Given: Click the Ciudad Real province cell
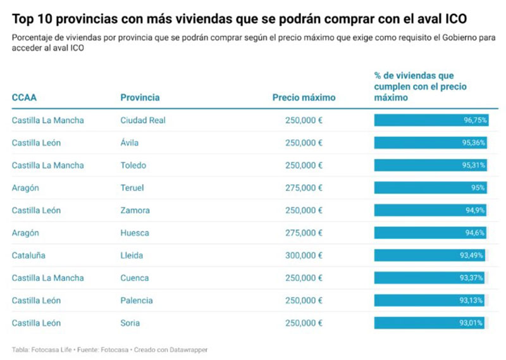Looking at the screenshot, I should [142, 120].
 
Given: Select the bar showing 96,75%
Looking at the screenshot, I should [430, 120].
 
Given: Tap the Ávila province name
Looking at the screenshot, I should [129, 143].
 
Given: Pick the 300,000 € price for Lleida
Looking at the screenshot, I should [304, 256].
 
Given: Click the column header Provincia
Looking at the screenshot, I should [140, 97].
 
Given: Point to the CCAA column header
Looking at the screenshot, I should [24, 97].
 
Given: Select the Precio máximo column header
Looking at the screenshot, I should [304, 97].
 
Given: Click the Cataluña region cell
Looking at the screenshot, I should [28, 256].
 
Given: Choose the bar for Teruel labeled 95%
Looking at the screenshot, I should [430, 188].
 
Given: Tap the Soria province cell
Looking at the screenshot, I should [130, 323].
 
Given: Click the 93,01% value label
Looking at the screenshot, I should [472, 323].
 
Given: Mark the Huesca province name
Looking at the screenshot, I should [133, 233].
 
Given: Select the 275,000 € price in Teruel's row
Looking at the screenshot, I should [304, 188].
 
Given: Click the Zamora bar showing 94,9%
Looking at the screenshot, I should [430, 210].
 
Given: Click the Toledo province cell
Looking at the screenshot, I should [133, 165].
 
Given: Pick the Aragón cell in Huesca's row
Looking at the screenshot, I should [25, 233].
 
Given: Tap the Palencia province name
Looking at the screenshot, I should [136, 301].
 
